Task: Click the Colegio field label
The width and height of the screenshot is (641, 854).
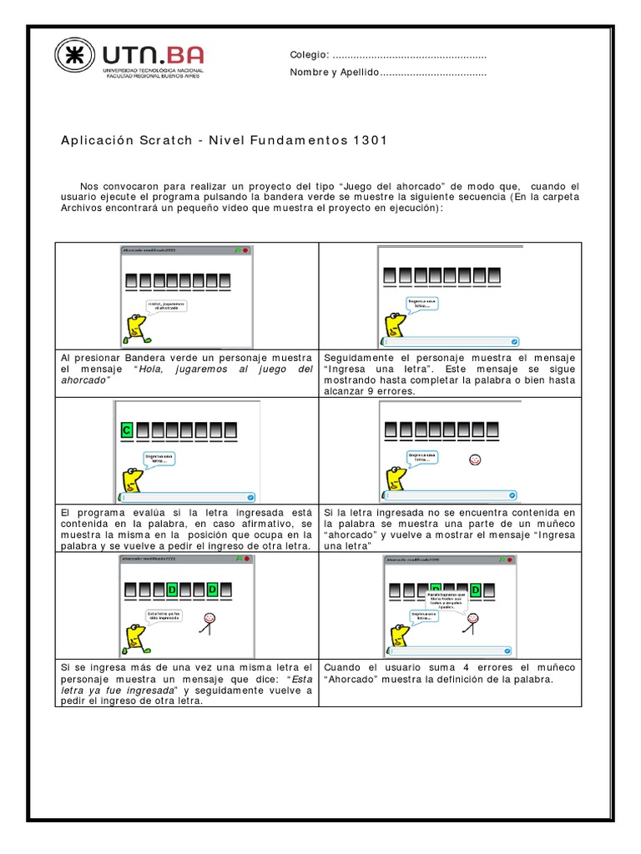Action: tap(309, 55)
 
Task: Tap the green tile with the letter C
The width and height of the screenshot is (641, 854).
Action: tap(127, 431)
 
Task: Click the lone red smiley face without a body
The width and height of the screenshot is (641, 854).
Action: tap(475, 460)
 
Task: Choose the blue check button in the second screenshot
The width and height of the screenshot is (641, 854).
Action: tap(514, 341)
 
